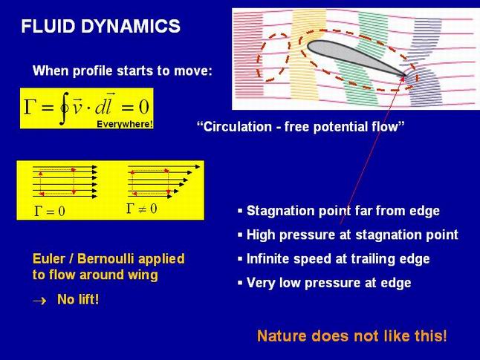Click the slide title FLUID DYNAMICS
[101, 26]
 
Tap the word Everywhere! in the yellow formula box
[125, 124]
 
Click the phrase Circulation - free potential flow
[301, 127]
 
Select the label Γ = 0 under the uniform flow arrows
[50, 211]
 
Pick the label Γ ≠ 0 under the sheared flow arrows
[141, 209]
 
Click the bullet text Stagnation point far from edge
[343, 211]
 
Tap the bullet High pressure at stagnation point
[352, 235]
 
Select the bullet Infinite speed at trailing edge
[338, 259]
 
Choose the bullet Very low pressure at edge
[328, 283]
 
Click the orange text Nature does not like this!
[352, 336]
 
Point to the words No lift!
[78, 299]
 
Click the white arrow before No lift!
[39, 301]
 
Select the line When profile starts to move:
[122, 71]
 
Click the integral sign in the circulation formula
[64, 108]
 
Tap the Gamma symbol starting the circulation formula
[28, 107]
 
